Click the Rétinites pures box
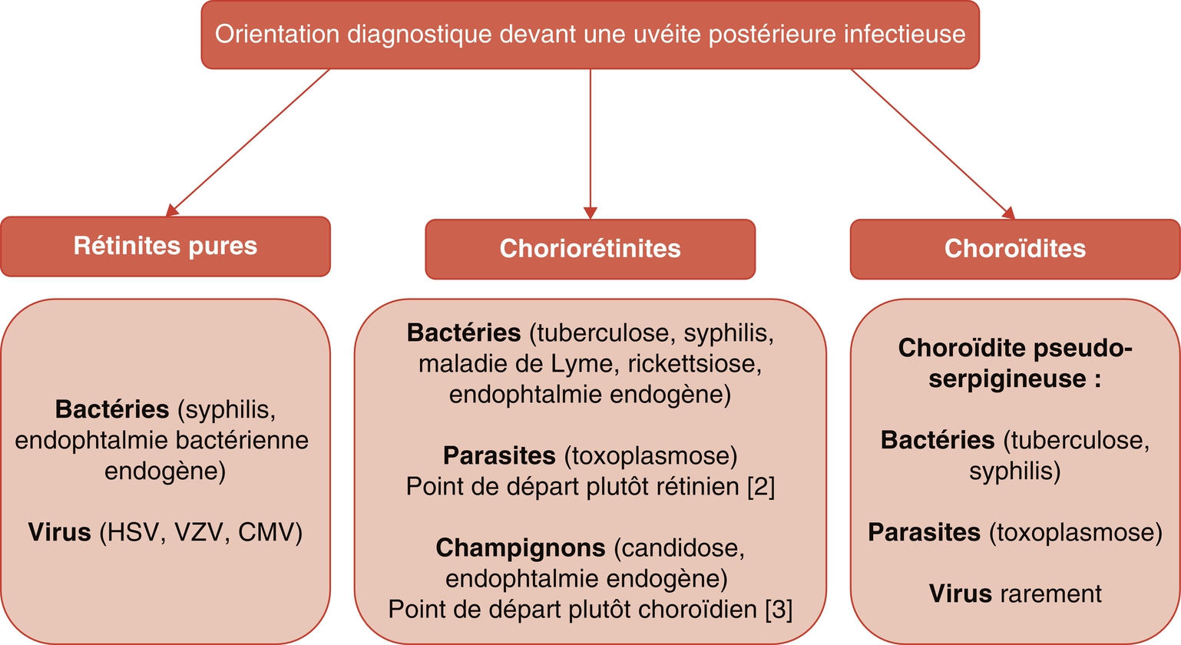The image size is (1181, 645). coord(166,246)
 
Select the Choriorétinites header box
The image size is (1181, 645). coord(590,249)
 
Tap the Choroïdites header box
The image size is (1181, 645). coord(1015,249)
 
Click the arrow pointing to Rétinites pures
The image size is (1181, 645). coord(248,142)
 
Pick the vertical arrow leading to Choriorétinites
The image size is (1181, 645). coord(590,144)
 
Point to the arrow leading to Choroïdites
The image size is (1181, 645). coord(933,144)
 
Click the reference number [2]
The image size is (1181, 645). coord(761,486)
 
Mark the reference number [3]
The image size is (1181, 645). coord(779,610)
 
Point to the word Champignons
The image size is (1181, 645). coord(521,548)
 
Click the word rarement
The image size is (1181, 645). coord(1050,594)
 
